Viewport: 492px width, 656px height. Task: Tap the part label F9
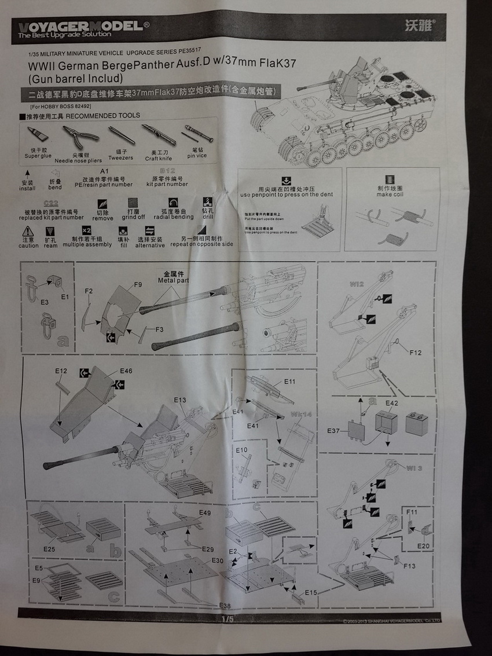click(138, 284)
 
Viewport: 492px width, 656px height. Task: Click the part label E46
click(126, 371)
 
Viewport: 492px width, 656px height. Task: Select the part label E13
click(180, 400)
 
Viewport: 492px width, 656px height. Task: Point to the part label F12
click(415, 352)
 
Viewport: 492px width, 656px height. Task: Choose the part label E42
click(392, 402)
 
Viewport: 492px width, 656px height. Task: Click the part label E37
click(333, 430)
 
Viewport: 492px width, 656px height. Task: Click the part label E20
click(423, 545)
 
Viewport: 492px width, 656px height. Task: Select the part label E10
click(241, 450)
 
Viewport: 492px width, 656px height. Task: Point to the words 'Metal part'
click(173, 280)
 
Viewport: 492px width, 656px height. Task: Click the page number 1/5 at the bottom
click(227, 619)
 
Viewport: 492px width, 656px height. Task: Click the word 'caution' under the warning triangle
click(28, 245)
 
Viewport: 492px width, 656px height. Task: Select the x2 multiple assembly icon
click(86, 230)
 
